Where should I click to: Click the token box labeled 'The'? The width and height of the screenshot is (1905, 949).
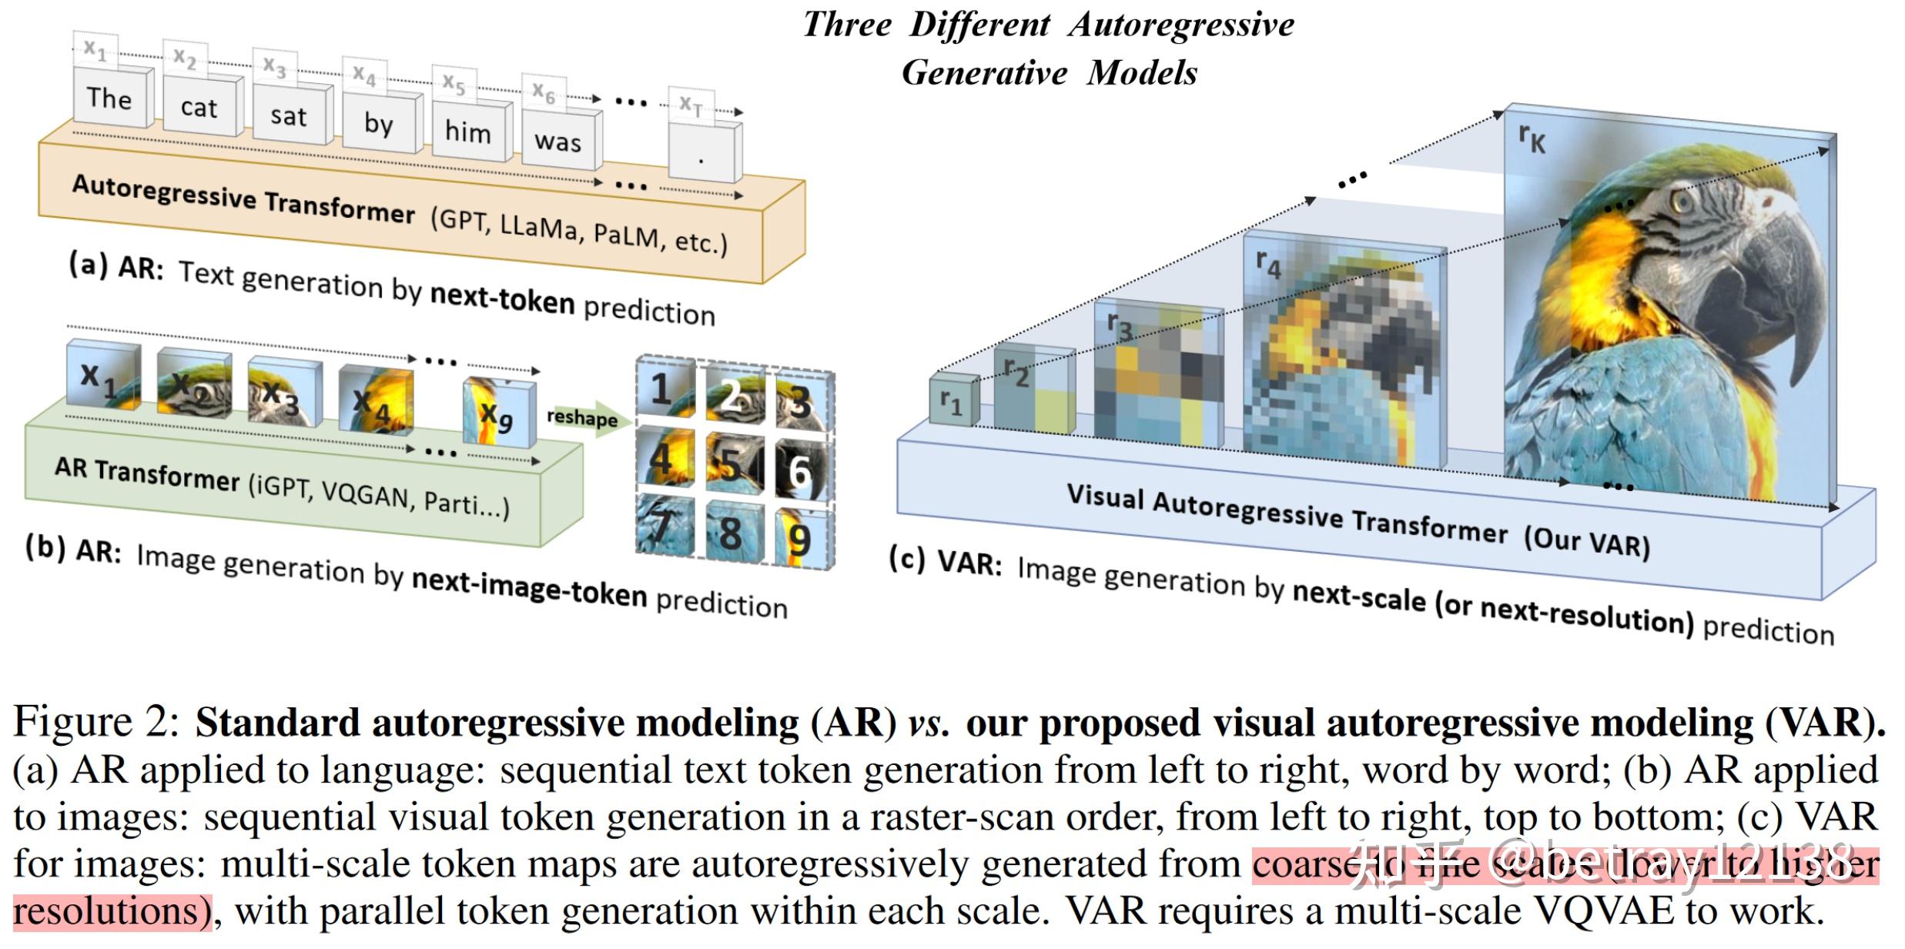pos(109,98)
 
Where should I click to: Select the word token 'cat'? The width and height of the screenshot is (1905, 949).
pos(199,108)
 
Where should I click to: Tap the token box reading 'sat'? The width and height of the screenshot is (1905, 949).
pos(288,116)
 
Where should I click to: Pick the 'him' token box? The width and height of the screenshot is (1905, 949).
pos(467,132)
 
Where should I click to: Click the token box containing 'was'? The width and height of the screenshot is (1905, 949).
pos(557,142)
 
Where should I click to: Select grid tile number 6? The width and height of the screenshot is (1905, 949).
pos(801,469)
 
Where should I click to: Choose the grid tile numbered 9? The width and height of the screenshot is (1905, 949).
pos(801,539)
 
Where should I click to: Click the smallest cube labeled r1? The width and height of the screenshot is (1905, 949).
pos(953,401)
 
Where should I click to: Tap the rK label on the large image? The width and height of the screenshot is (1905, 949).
pos(1532,139)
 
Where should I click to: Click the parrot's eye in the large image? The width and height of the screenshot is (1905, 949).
pos(1683,202)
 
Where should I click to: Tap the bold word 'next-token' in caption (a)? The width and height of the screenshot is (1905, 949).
pos(502,299)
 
